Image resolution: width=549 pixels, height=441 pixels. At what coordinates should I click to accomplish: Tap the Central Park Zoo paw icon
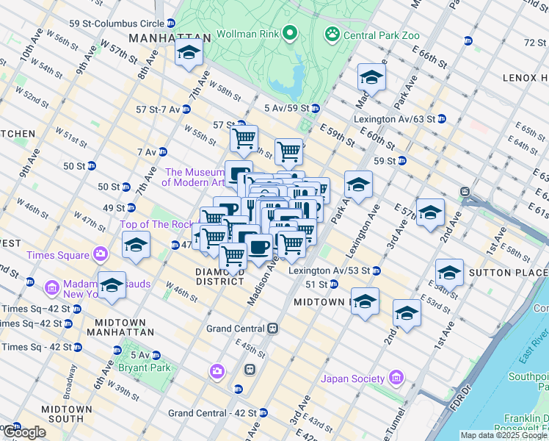click(332, 33)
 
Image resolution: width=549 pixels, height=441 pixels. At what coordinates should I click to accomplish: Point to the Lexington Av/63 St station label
click(395, 118)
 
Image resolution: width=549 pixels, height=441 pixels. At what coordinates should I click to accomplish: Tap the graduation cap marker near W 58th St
click(189, 53)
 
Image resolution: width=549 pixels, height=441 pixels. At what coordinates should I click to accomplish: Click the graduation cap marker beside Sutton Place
click(448, 273)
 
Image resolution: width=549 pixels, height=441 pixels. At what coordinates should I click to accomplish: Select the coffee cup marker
click(258, 247)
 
